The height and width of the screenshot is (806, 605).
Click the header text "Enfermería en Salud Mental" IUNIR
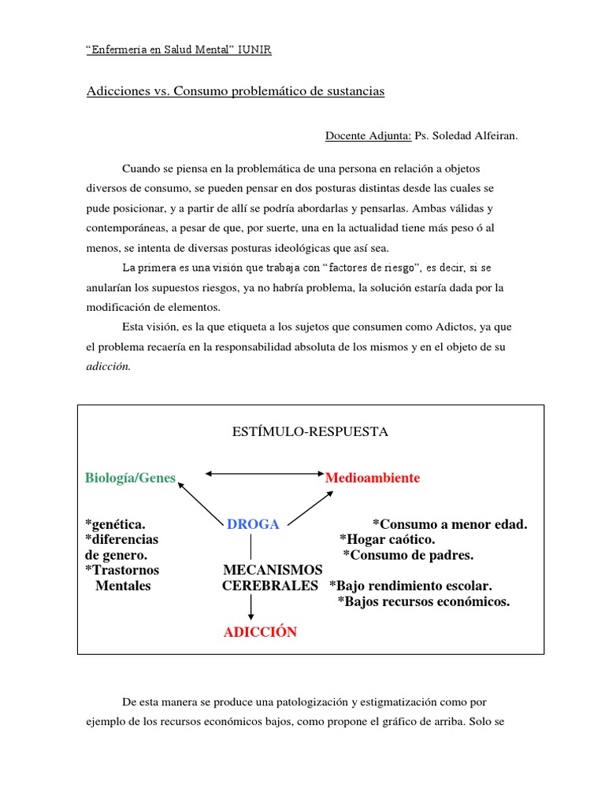tap(178, 50)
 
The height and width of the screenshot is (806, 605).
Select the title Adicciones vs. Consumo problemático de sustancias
tap(235, 91)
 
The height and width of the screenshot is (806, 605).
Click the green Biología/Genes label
tap(130, 479)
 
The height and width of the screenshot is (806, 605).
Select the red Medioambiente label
tap(373, 479)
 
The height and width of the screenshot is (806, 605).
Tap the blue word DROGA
tap(253, 525)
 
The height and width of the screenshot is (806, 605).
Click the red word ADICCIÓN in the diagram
tap(260, 633)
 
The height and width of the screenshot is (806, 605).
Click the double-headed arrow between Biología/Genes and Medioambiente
tap(263, 474)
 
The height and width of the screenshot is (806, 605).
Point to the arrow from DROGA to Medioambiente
tap(308, 506)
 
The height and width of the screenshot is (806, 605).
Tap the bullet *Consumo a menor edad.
tap(450, 525)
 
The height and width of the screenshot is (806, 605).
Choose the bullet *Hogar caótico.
tap(387, 540)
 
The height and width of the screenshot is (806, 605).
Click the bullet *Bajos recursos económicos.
tap(424, 602)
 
